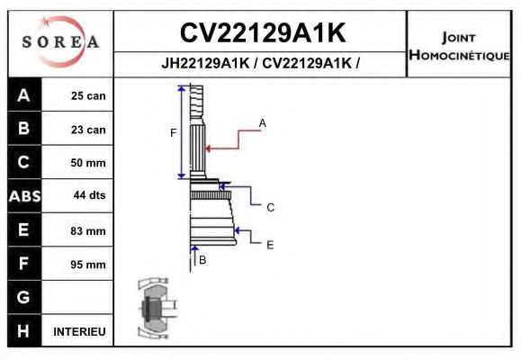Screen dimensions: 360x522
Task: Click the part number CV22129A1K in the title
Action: [x=262, y=33]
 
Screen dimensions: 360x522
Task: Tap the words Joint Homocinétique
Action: [x=459, y=45]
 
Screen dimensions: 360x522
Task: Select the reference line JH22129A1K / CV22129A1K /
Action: [x=261, y=65]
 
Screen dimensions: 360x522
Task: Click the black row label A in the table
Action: [x=24, y=96]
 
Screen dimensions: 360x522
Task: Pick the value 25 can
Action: [x=88, y=96]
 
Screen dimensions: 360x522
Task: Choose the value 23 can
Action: [x=88, y=130]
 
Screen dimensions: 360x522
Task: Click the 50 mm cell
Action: [x=88, y=163]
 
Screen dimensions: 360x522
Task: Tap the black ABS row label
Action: [x=24, y=196]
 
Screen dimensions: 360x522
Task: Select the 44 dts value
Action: [x=88, y=196]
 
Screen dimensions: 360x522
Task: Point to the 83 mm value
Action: [x=88, y=231]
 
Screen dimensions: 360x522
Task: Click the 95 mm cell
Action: [x=88, y=265]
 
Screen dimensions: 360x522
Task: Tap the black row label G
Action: [x=24, y=297]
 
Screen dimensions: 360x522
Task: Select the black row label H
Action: [x=24, y=331]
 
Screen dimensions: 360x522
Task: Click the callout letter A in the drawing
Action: [x=263, y=122]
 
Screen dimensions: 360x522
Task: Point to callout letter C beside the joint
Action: [x=269, y=207]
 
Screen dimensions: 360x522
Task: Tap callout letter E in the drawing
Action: [x=269, y=244]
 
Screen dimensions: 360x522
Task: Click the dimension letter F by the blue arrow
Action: [x=174, y=133]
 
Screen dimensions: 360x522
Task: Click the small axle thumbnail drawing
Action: [x=153, y=310]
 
